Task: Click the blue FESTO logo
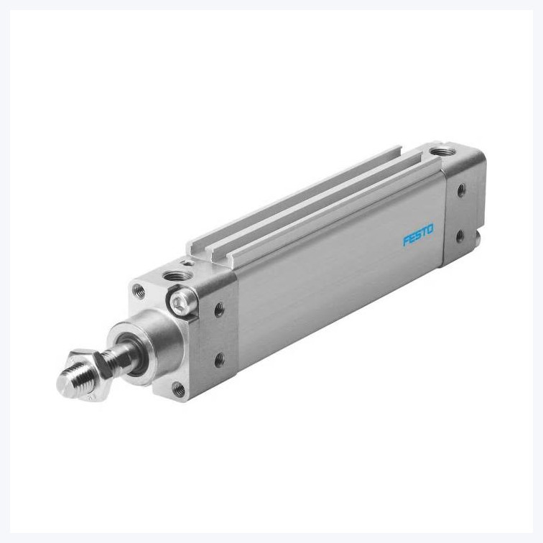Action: [x=417, y=236]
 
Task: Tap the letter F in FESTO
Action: [x=404, y=243]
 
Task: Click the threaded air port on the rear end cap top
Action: [x=437, y=152]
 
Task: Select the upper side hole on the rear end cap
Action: [x=460, y=190]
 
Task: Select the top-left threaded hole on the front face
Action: [x=138, y=291]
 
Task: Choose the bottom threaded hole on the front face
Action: [x=178, y=390]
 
